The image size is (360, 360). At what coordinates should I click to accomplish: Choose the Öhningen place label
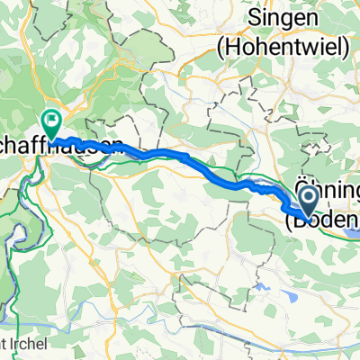[328, 192]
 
